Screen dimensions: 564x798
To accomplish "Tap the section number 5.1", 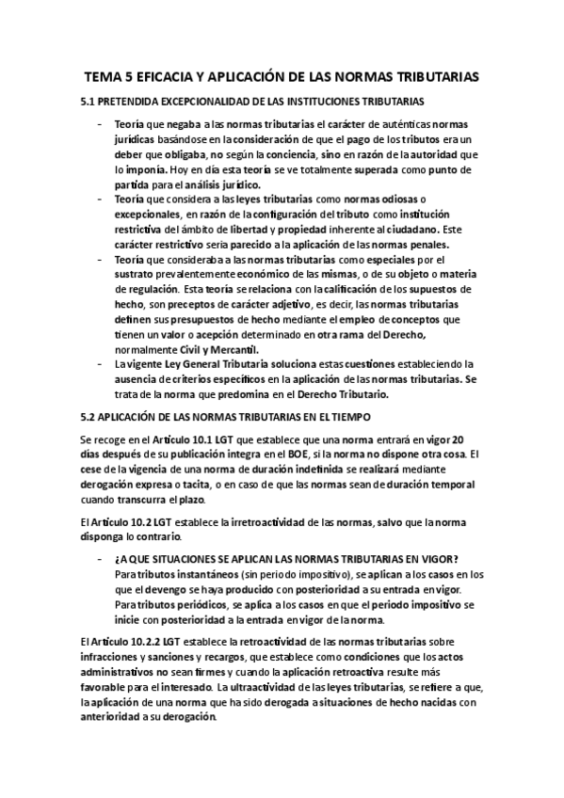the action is tap(91, 100).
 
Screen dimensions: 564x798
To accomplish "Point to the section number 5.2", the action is tap(91, 416).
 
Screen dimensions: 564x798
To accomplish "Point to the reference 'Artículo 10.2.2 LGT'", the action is tap(129, 642).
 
